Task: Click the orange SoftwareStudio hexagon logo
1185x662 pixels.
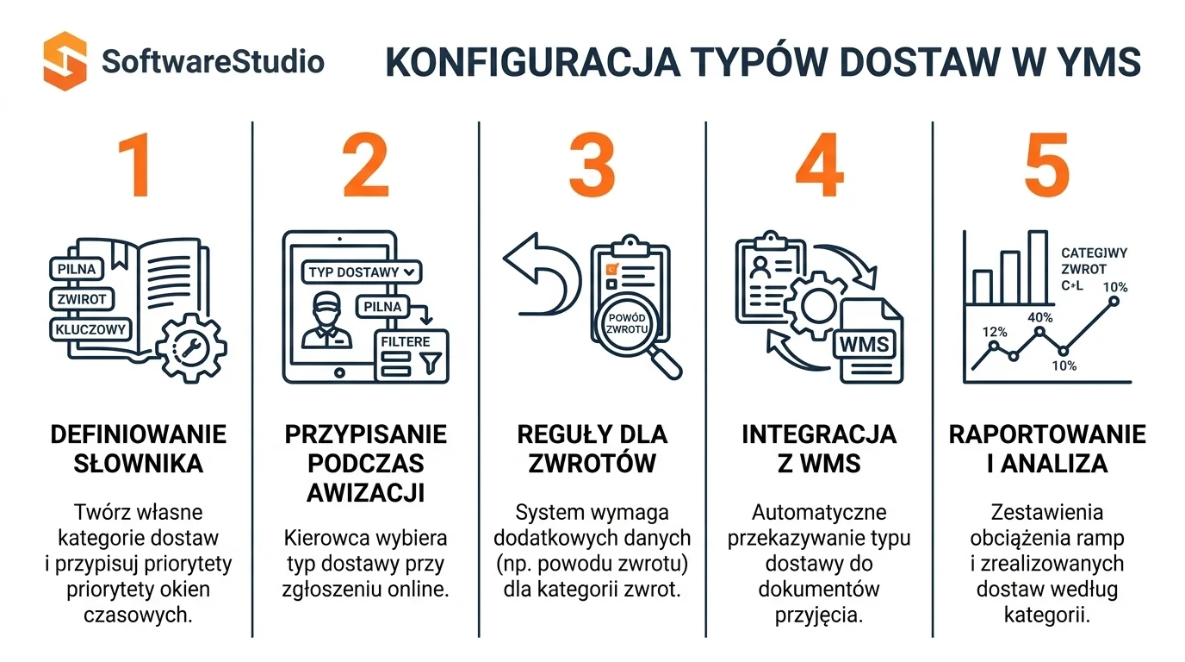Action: pyautogui.click(x=65, y=61)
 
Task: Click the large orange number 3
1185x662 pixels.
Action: pyautogui.click(x=592, y=165)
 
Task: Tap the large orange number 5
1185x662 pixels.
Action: pyautogui.click(x=1047, y=165)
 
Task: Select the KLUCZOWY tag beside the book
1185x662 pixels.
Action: pyautogui.click(x=90, y=329)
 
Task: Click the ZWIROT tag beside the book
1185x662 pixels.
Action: pyautogui.click(x=82, y=299)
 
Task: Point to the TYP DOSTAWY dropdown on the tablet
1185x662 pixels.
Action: pyautogui.click(x=362, y=272)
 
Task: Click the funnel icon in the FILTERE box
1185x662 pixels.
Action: pyautogui.click(x=431, y=363)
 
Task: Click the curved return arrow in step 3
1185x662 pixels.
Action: pyautogui.click(x=545, y=275)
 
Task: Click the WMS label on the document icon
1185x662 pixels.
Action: pyautogui.click(x=864, y=345)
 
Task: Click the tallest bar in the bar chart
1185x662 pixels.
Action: pyautogui.click(x=1038, y=266)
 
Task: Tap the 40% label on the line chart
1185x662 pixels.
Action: pyautogui.click(x=1040, y=317)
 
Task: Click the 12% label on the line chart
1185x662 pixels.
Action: pyautogui.click(x=995, y=332)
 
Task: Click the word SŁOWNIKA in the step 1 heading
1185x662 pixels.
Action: pyautogui.click(x=138, y=464)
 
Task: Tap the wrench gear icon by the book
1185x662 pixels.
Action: pyautogui.click(x=191, y=348)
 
